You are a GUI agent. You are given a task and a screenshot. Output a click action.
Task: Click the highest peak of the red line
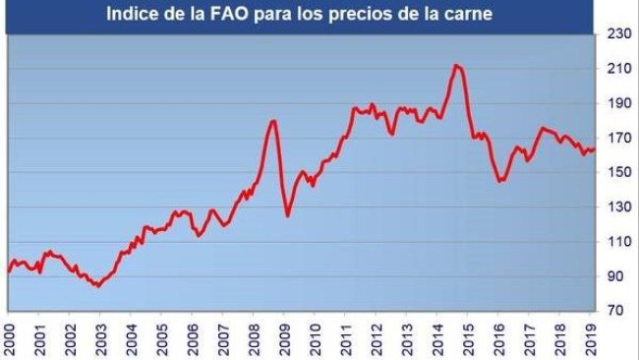click(x=456, y=65)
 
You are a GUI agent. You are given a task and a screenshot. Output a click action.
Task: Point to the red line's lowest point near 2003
click(x=97, y=285)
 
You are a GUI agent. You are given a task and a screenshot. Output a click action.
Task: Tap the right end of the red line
click(x=595, y=150)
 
